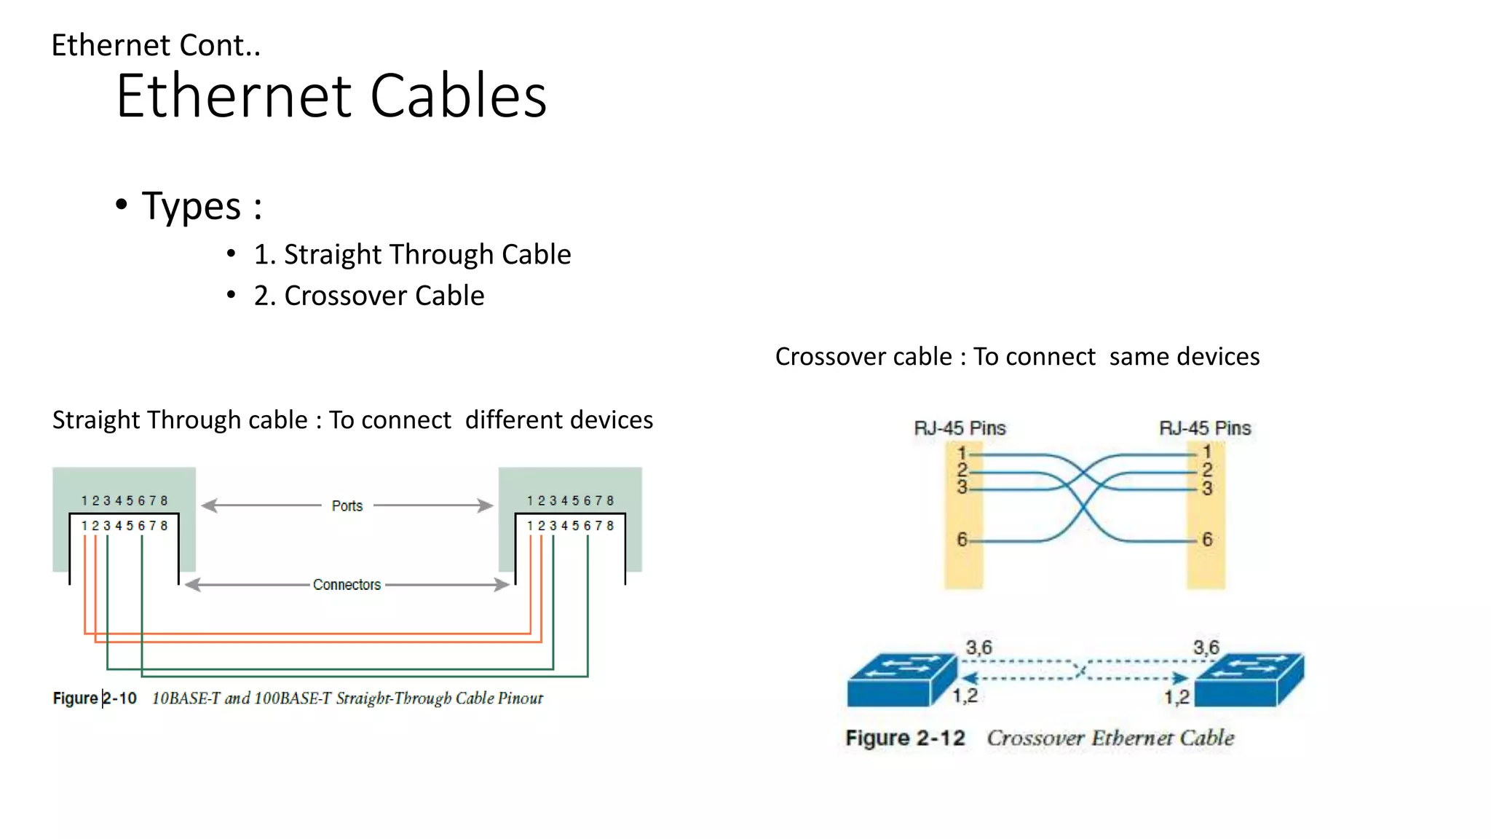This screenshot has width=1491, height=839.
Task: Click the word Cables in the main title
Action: [458, 96]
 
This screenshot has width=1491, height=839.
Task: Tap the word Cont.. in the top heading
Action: [220, 45]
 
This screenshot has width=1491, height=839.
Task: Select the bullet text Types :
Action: [202, 206]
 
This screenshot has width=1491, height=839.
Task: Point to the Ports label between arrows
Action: [347, 505]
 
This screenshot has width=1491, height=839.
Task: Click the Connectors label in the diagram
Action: [347, 585]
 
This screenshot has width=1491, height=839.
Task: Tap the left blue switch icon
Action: [901, 680]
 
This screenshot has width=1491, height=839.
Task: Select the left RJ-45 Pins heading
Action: [960, 428]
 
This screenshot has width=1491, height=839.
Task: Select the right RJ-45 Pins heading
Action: [1205, 428]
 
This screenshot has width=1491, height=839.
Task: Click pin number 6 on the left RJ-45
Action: [962, 540]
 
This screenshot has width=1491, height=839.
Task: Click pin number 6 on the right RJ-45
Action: [1207, 540]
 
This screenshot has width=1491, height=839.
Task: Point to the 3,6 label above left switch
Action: [978, 647]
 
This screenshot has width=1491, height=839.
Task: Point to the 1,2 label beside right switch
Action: [1176, 697]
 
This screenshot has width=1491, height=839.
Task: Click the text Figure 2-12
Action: [905, 738]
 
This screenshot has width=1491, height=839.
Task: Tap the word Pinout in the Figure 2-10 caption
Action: [521, 698]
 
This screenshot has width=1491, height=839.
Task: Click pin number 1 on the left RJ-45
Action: [962, 453]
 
